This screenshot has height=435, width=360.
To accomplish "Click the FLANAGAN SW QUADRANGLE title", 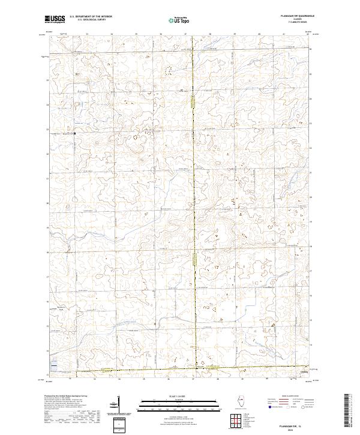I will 293,17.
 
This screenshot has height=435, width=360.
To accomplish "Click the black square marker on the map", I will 74,134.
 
